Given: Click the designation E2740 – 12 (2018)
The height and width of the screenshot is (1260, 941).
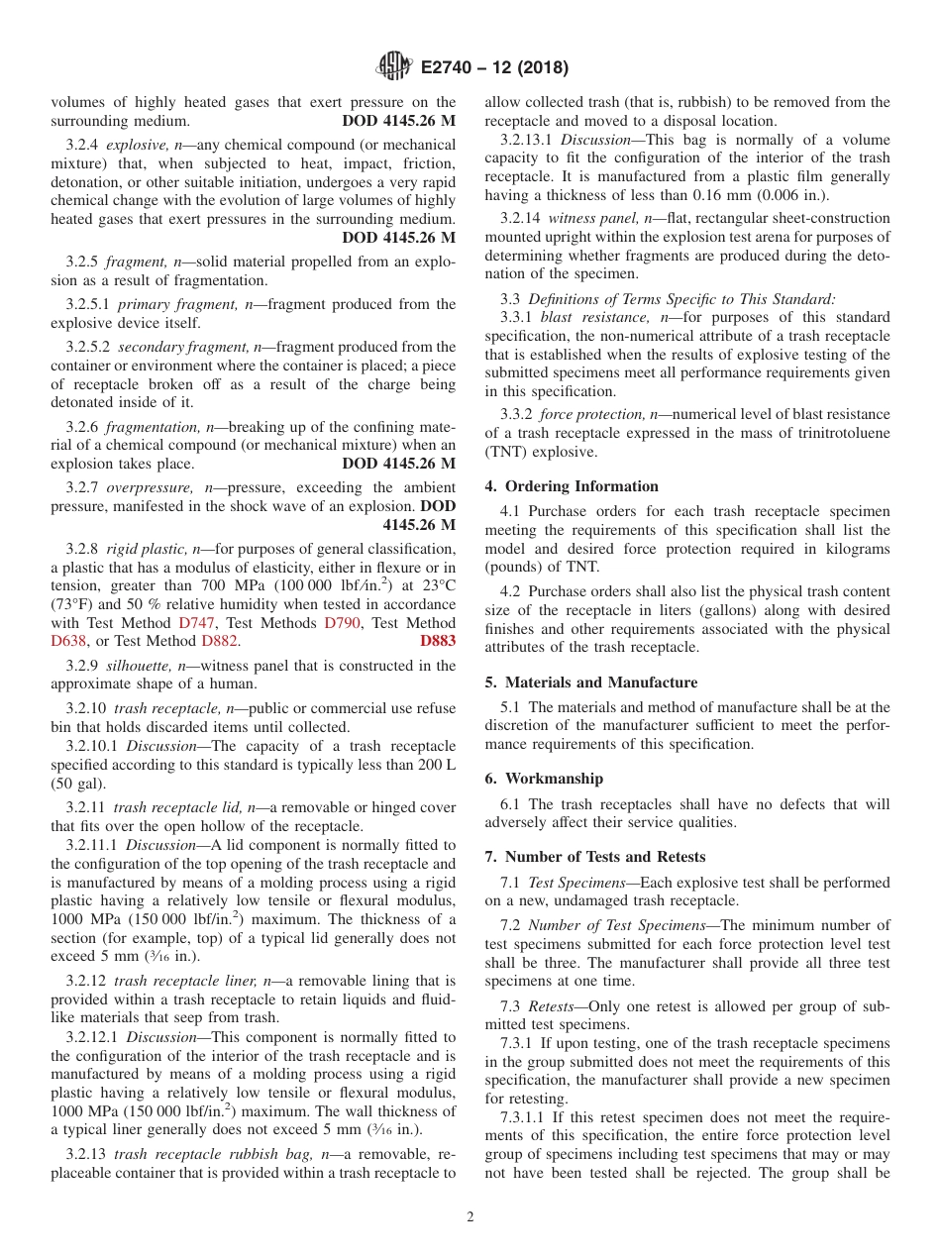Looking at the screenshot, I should (x=494, y=68).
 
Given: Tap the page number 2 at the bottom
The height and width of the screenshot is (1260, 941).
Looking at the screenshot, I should (x=470, y=1217).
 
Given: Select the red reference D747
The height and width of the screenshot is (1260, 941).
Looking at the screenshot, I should (x=195, y=623).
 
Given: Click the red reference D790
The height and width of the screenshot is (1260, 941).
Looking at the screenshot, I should (x=342, y=623).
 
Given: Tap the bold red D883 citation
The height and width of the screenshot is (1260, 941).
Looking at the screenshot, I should (x=438, y=641).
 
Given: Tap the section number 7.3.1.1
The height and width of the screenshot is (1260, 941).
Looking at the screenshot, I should (x=523, y=1117).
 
